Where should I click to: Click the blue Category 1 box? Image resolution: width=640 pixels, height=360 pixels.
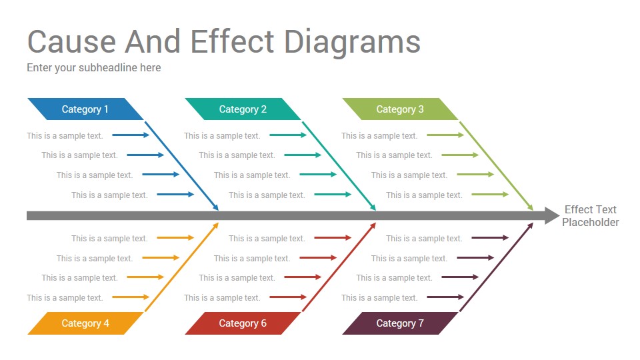[x=85, y=109]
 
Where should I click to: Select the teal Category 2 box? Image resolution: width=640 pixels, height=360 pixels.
[x=243, y=109]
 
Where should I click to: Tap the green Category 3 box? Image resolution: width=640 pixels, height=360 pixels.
[x=400, y=109]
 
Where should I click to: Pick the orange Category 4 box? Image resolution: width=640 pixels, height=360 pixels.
[x=85, y=323]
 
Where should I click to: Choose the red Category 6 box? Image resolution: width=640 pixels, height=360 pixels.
[x=243, y=323]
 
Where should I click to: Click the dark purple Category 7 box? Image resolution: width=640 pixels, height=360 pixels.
[x=400, y=323]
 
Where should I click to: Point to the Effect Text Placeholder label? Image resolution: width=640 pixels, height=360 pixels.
[x=590, y=216]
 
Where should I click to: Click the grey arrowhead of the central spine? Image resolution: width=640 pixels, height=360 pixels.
[x=552, y=215]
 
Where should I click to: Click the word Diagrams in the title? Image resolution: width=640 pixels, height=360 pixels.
[x=352, y=43]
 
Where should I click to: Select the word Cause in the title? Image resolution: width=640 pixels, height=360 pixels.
[x=71, y=41]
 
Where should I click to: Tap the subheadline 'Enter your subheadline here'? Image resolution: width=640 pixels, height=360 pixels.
[x=94, y=68]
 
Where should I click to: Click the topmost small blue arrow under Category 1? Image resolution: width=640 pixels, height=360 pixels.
[x=131, y=135]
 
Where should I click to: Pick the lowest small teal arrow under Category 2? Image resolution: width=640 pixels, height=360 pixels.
[x=333, y=194]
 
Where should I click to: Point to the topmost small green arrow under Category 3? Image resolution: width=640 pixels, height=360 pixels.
[x=445, y=135]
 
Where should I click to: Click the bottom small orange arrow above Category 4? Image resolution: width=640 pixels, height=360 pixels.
[x=131, y=297]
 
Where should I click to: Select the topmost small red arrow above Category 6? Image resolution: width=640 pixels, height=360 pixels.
[x=333, y=237]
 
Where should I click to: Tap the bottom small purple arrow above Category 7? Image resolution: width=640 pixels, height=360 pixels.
[x=445, y=297]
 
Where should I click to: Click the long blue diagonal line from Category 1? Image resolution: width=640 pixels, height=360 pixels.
[x=181, y=166]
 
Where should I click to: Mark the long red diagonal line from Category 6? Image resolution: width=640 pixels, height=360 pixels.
[x=339, y=267]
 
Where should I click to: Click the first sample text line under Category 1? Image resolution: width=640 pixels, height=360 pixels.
[x=65, y=136]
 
